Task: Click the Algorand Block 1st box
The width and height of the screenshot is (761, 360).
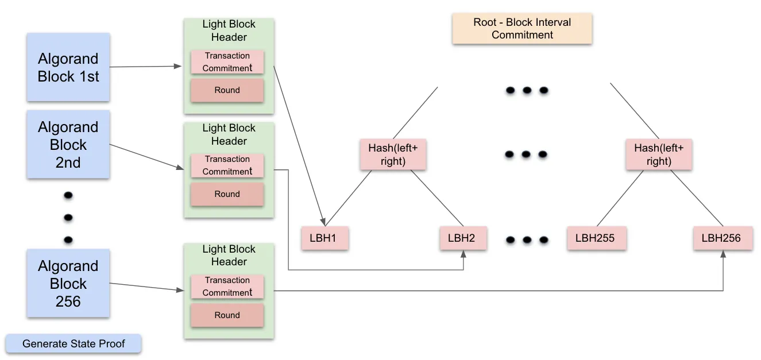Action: coord(68,67)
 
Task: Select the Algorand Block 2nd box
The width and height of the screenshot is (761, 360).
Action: coord(68,144)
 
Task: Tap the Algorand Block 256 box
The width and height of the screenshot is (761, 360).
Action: coord(68,283)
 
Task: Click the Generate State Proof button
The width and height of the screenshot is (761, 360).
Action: coord(73,344)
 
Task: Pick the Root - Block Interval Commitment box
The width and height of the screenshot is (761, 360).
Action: coord(522,29)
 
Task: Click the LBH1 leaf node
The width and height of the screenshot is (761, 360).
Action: coord(325,238)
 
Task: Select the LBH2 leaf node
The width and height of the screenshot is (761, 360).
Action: coord(463,238)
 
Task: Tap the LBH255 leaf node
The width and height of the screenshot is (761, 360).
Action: coord(596,238)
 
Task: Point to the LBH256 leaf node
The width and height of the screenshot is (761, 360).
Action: coord(723,238)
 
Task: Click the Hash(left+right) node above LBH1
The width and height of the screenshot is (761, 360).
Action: coord(393,154)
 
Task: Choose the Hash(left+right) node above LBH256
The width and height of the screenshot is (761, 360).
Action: coord(659,154)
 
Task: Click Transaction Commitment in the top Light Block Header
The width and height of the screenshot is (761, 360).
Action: coord(227,62)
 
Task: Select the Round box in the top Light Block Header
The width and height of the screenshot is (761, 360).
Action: coord(227,90)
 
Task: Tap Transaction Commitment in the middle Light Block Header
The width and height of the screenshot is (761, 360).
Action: coord(227,165)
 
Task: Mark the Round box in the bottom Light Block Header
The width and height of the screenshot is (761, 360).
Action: coord(227,315)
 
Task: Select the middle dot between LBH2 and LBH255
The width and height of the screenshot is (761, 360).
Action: coord(527,240)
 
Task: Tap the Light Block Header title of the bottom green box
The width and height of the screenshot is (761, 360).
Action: coord(229,256)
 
